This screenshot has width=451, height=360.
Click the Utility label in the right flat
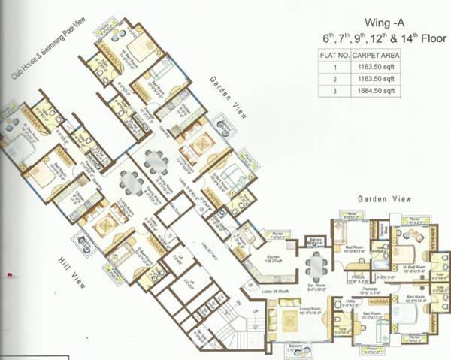[350, 303]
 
